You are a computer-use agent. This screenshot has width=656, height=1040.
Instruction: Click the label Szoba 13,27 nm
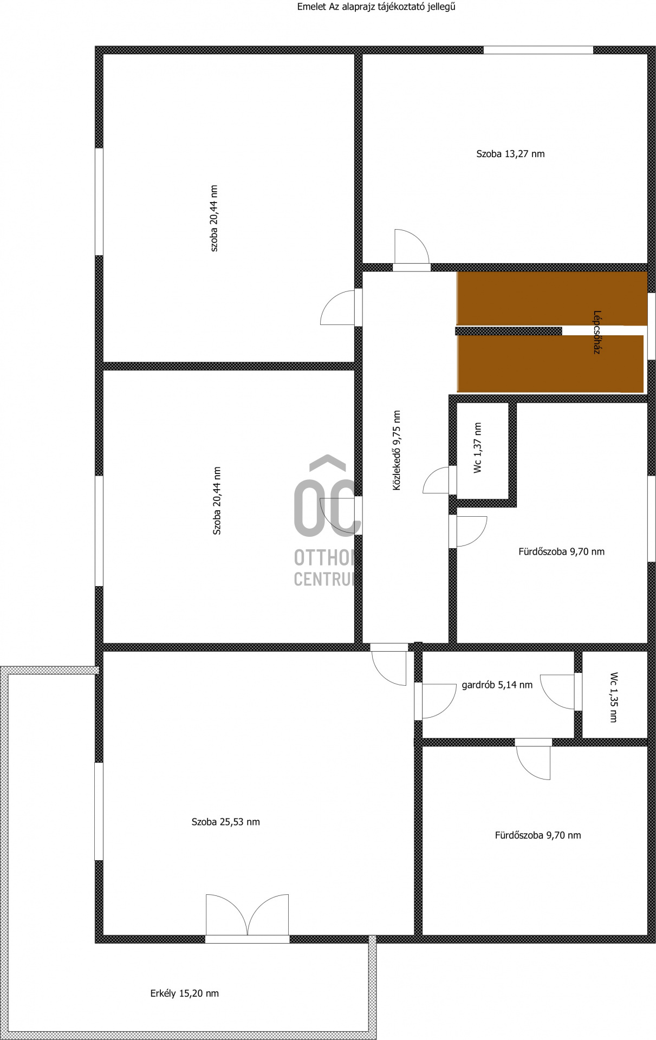click(x=510, y=154)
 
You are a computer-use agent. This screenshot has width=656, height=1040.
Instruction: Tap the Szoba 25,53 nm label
click(x=225, y=822)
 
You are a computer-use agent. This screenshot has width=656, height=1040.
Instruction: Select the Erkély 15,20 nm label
click(x=184, y=993)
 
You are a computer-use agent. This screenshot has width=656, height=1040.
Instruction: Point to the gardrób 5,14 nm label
click(x=497, y=685)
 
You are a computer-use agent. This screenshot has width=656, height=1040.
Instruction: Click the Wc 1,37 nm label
click(x=478, y=448)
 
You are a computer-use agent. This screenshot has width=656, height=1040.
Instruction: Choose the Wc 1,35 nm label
click(x=614, y=697)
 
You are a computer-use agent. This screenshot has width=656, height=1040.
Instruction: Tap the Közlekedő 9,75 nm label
click(x=397, y=450)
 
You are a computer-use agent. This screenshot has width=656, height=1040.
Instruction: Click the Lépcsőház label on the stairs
click(x=597, y=332)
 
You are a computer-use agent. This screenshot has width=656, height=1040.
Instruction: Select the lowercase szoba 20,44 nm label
click(x=214, y=218)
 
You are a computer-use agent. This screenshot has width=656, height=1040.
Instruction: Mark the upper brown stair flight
click(x=552, y=298)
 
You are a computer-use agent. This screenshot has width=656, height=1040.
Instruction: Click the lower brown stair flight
click(x=550, y=363)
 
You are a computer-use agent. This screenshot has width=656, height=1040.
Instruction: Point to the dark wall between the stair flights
click(x=509, y=331)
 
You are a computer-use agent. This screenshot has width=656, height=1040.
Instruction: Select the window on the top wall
click(x=538, y=50)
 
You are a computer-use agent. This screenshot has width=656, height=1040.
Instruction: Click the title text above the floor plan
click(x=376, y=7)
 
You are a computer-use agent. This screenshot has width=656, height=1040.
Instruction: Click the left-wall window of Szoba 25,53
click(x=99, y=811)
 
